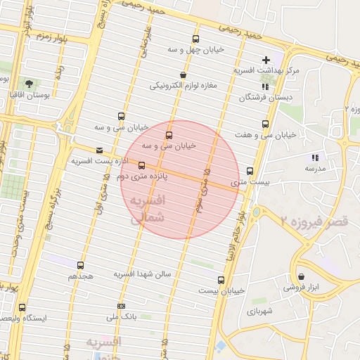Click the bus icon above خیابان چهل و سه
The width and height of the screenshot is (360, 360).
tap(195, 39)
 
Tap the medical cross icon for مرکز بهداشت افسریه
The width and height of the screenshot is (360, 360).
tap(265, 60)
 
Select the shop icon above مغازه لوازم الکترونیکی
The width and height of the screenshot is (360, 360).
tap(184, 75)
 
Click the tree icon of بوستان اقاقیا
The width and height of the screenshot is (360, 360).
tap(28, 83)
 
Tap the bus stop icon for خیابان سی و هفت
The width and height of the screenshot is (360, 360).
tap(265, 124)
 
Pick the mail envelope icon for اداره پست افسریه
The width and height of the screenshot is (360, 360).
tap(98, 150)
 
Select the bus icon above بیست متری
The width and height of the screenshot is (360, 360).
tap(250, 171)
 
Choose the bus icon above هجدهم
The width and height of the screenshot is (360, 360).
tap(80, 266)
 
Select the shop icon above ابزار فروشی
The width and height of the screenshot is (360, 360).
tap(301, 277)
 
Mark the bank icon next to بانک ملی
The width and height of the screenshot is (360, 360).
tap(122, 306)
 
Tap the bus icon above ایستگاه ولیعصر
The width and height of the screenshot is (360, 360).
tap(22, 307)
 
